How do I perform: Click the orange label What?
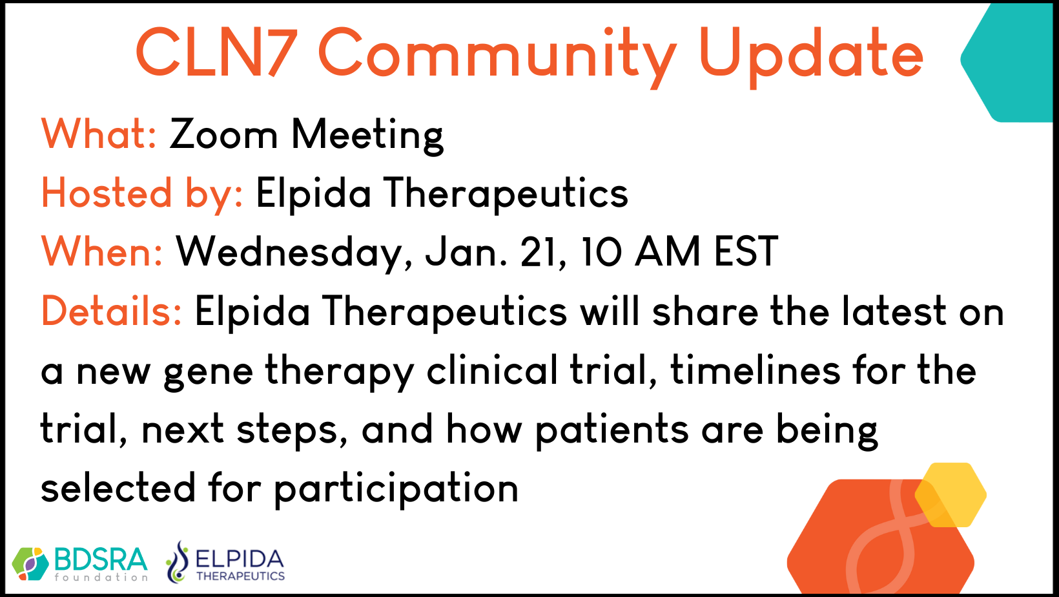coord(99,134)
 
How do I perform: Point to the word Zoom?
coord(223,134)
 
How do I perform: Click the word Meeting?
coord(367,136)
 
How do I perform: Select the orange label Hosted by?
coord(142,194)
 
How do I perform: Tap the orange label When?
coord(102,251)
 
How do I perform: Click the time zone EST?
coord(746,251)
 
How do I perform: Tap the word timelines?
coord(755,370)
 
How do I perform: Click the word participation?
coord(396,489)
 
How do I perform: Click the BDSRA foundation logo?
coord(80,563)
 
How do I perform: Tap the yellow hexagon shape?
coord(951,495)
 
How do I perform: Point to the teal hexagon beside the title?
coord(1010,61)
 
